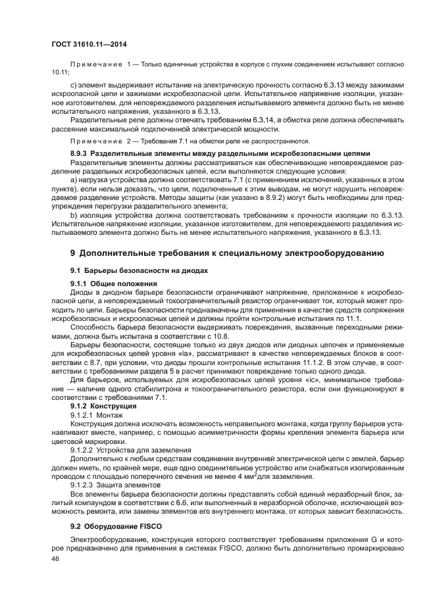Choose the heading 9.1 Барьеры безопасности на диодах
[139, 270]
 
